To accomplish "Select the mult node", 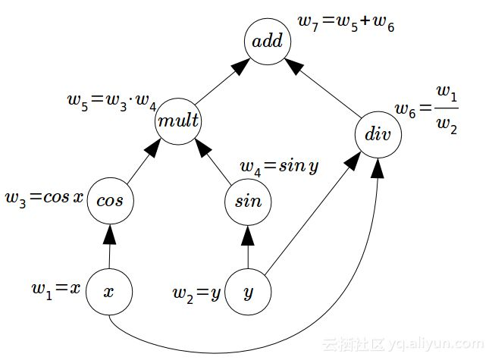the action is [x=178, y=121].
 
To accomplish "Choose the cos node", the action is [x=110, y=201].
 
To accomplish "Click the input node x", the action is [x=109, y=292].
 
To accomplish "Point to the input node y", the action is [x=248, y=292].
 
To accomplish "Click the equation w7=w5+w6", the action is [x=346, y=23].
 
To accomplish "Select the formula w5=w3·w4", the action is [x=111, y=102].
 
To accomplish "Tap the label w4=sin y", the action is [x=279, y=167].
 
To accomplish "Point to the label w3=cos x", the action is [x=44, y=199].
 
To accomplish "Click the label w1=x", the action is [x=56, y=290].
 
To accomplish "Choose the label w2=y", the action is [x=197, y=294].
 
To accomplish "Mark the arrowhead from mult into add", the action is [x=241, y=67].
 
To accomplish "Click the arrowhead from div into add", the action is [x=294, y=67].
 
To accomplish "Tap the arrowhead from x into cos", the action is [x=110, y=234].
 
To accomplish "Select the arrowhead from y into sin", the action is [x=248, y=236].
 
